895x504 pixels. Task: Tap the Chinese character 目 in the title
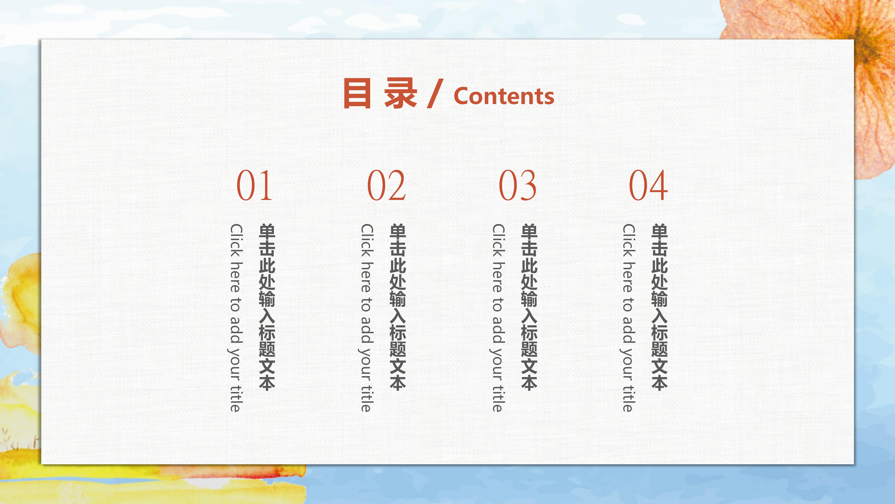pos(357,93)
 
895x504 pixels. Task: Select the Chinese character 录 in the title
pos(400,93)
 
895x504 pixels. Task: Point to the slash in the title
pos(435,93)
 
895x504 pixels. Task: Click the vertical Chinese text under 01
pos(267,307)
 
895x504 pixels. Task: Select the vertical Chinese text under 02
pos(398,307)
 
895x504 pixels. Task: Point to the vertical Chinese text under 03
pos(529,307)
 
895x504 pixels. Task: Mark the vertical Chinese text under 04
pos(659,307)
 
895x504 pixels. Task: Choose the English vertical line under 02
pos(366,318)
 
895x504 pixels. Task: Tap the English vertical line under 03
pos(498,318)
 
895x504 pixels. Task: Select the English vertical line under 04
pos(628,318)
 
